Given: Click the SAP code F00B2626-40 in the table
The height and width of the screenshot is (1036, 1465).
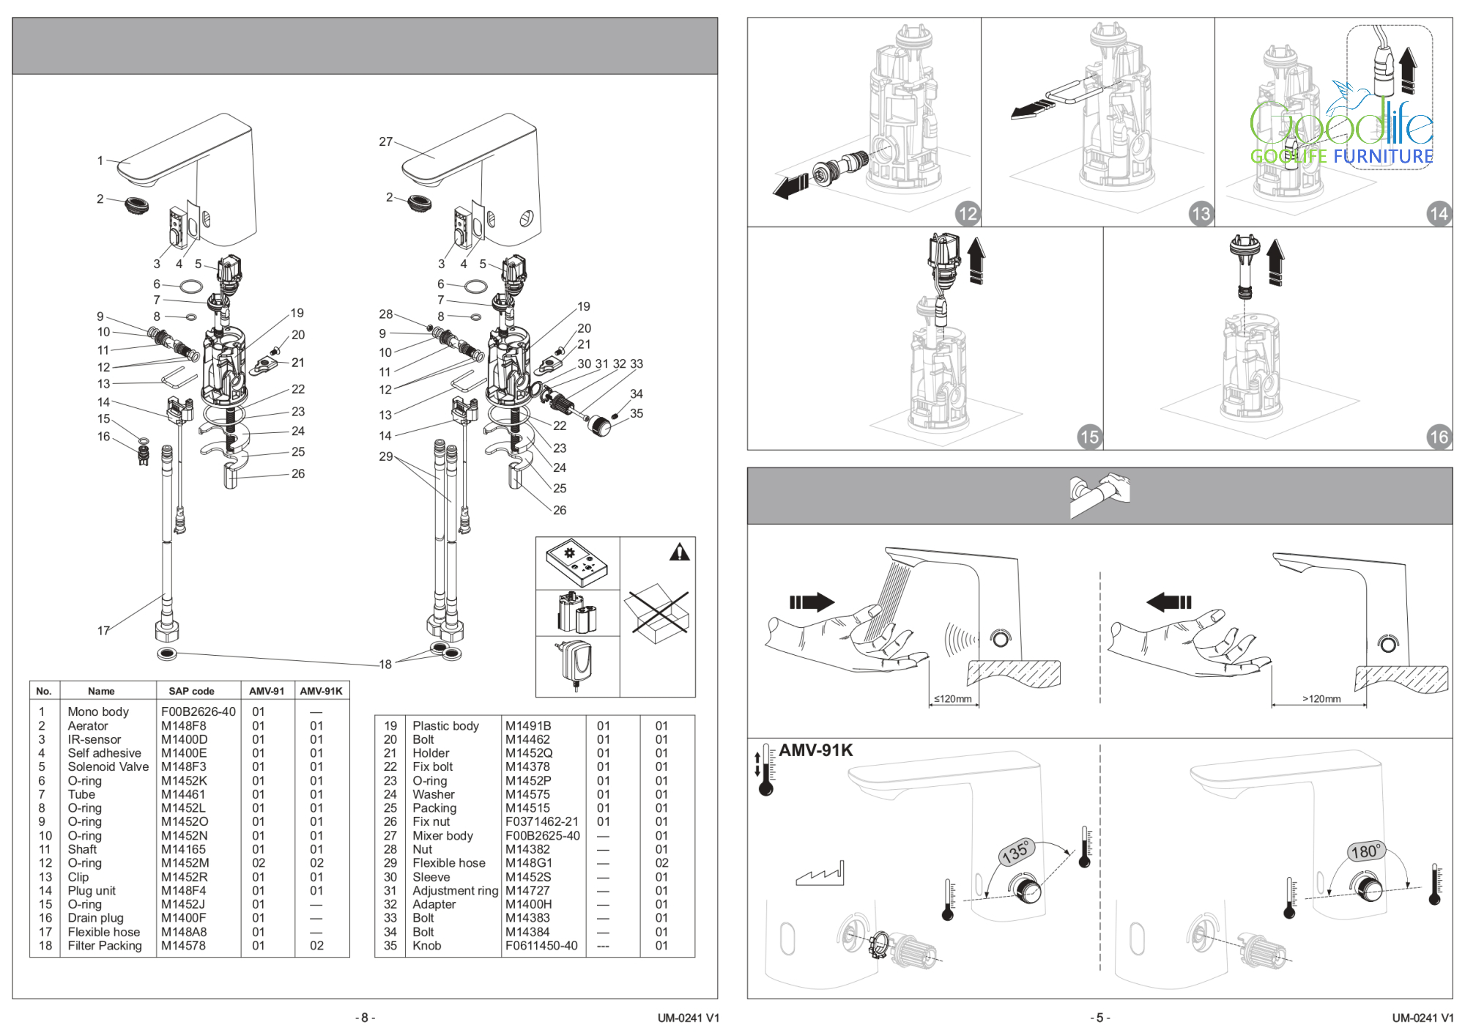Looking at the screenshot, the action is pos(199,711).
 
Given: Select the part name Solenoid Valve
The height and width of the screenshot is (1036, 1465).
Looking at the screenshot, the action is pos(108,766).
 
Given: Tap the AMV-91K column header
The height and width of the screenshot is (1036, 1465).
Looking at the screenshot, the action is pos(321,691).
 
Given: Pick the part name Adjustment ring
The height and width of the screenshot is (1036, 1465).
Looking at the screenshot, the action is pos(455,890).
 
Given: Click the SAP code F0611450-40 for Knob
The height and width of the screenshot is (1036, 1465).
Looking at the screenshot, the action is pos(541,945).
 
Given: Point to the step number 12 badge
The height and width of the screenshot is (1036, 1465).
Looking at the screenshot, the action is pos(968,213).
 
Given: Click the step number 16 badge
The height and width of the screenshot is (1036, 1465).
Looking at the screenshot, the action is pos(1439,437).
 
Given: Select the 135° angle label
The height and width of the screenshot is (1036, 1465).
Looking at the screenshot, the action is pos(1016,852).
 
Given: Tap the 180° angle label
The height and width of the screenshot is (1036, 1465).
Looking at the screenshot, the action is pos(1366,851).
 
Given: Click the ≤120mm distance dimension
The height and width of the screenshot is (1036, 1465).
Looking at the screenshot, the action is pos(952,699).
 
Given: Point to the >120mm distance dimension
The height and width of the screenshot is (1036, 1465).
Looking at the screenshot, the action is pos(1321,699).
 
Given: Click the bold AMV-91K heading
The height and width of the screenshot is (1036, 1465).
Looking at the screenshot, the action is pos(815,750).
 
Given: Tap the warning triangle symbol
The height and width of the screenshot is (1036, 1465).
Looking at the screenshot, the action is pos(680,552).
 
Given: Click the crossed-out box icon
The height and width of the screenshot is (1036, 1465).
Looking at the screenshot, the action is pos(656,613).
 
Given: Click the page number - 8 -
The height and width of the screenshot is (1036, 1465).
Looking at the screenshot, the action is pos(365,1018).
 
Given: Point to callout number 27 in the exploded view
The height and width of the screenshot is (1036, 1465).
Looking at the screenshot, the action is pos(386,141).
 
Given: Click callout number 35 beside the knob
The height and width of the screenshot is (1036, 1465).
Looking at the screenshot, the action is pos(637,413).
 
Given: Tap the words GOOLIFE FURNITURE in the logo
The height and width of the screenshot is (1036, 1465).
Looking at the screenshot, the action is pos(1341,156).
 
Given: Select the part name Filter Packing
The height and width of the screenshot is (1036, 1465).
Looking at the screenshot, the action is pos(105,945).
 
